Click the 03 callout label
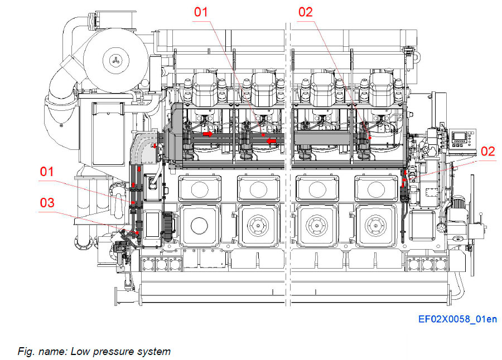click(47, 202)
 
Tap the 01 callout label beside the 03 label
click(47, 172)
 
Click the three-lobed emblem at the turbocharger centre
click(115, 60)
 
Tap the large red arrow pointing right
click(207, 134)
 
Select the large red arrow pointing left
click(272, 142)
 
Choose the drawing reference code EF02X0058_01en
click(457, 320)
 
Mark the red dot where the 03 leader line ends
click(134, 232)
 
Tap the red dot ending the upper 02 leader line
click(370, 137)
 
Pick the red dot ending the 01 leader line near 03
click(134, 202)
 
